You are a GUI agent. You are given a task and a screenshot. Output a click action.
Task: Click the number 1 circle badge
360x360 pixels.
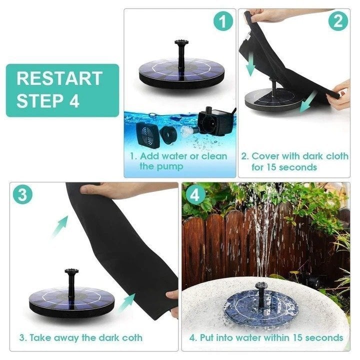coord(223,22)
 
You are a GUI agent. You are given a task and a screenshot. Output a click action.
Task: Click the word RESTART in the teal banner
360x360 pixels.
coord(59,78)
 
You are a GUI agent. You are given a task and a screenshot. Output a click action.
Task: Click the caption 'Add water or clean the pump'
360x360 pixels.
coord(178,161)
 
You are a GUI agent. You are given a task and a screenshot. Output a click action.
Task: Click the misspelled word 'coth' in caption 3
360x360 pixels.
coord(132,337)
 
